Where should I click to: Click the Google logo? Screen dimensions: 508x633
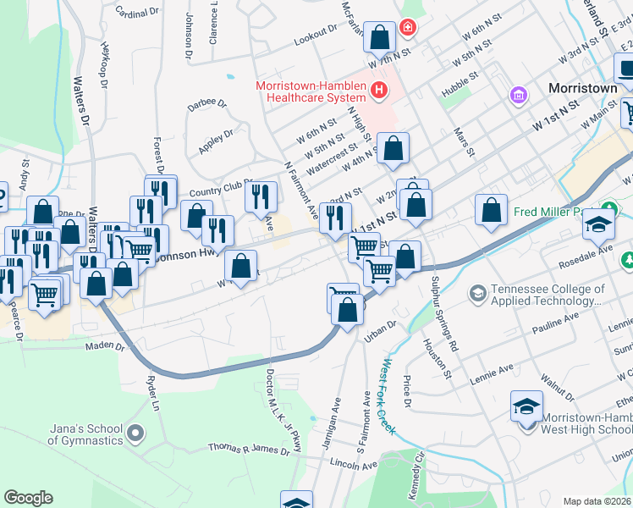click(28, 498)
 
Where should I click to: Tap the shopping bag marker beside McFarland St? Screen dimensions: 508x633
click(380, 37)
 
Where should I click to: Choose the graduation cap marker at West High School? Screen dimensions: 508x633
click(526, 406)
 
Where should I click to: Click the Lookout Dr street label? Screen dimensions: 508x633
click(316, 41)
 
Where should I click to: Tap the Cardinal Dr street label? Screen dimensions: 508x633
click(137, 13)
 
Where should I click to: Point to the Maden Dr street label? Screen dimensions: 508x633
click(104, 346)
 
